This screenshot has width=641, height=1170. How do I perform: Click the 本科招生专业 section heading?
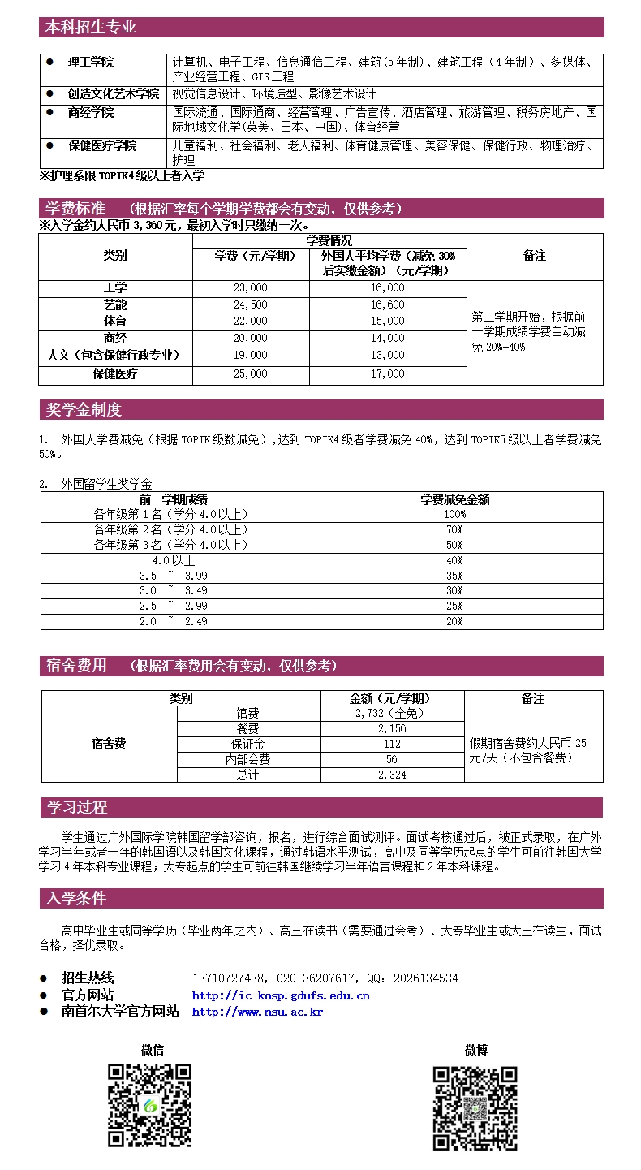tap(91, 28)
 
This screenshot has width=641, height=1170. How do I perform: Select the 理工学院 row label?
tap(90, 62)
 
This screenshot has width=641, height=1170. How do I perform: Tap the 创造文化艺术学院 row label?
tap(113, 94)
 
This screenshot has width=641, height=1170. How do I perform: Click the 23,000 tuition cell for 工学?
tap(250, 288)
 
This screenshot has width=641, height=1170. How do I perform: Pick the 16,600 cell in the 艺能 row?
tap(387, 305)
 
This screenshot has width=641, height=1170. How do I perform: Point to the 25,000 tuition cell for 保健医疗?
tap(250, 374)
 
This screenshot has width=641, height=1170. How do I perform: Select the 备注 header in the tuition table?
tap(534, 256)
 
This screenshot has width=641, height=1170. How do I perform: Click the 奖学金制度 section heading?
tap(84, 410)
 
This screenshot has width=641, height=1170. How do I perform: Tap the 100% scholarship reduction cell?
tap(454, 515)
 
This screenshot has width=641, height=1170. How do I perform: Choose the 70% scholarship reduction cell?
tap(454, 530)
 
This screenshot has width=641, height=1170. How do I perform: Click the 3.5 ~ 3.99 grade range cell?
tap(174, 576)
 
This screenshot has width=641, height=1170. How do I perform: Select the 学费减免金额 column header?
tap(454, 499)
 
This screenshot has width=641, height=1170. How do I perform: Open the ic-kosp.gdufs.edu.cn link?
tap(281, 995)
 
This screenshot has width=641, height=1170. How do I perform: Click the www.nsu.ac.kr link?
tap(257, 1012)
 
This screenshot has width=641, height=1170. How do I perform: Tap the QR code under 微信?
tap(150, 1105)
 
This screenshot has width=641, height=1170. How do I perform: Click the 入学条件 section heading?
tap(76, 899)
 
